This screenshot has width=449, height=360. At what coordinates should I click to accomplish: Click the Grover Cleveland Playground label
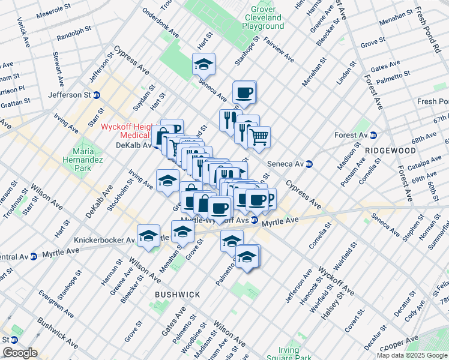point(256,17)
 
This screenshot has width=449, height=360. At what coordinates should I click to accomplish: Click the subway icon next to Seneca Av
point(309,164)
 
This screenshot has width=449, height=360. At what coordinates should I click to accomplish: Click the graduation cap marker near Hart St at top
point(203,64)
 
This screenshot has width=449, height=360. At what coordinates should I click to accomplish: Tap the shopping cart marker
point(259,137)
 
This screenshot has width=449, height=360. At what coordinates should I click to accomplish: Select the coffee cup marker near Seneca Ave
point(244,92)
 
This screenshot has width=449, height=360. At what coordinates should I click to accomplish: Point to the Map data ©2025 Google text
point(412,355)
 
